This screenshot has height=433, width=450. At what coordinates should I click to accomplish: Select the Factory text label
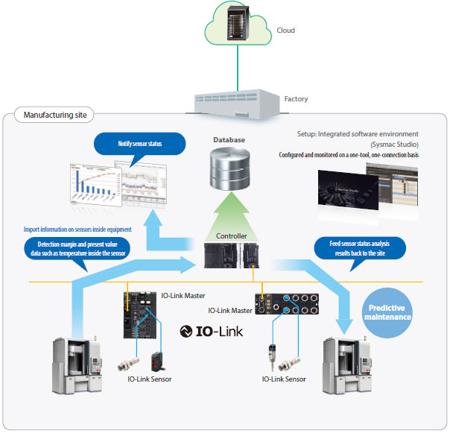coord(297,98)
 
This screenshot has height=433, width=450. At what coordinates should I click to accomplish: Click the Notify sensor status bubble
coord(140,142)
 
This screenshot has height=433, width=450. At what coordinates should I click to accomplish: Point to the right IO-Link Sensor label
coord(284,379)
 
